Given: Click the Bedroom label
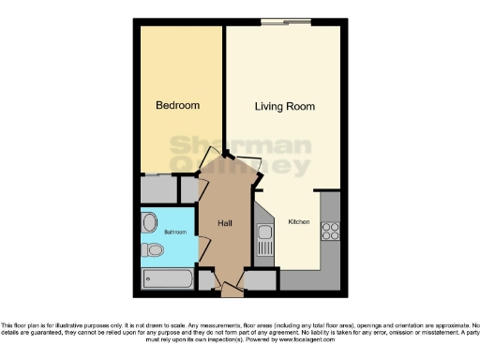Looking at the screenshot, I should pyautogui.click(x=178, y=106).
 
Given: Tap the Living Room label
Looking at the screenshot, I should pyautogui.click(x=283, y=106).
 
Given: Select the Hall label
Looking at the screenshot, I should pyautogui.click(x=225, y=223).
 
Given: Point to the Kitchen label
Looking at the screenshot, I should pyautogui.click(x=298, y=222).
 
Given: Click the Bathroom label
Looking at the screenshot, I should pyautogui.click(x=175, y=232).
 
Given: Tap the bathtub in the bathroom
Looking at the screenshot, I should pyautogui.click(x=168, y=278).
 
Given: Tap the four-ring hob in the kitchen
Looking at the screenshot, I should pyautogui.click(x=330, y=230).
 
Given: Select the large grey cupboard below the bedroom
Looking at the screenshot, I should pyautogui.click(x=157, y=189).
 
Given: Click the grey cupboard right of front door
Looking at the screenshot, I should pyautogui.click(x=260, y=278).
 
